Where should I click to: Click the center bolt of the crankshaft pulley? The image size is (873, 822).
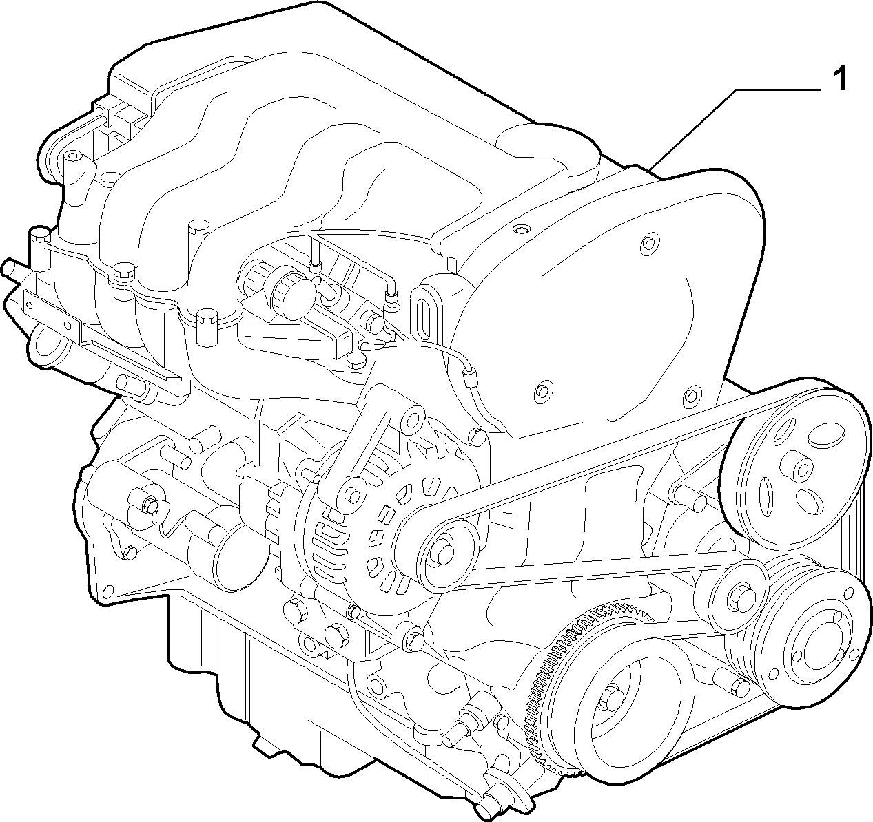click(615, 697)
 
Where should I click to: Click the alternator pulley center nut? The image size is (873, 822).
click(442, 552)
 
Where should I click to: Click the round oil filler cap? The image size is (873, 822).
click(294, 295)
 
